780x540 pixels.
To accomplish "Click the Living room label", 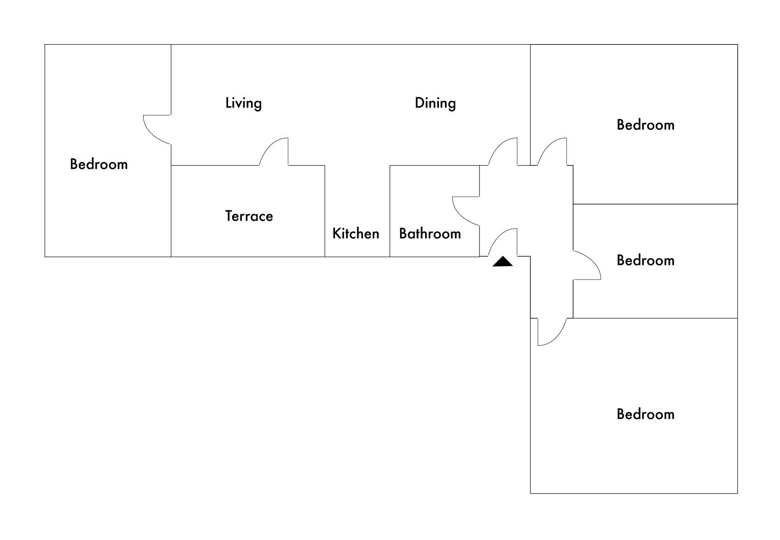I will (243, 103).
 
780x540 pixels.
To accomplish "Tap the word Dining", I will (435, 103).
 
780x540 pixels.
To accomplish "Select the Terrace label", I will (249, 216).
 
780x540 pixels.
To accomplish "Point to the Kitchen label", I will (355, 233).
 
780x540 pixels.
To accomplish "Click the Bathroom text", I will (430, 233).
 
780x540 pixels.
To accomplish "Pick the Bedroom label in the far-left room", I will (99, 164).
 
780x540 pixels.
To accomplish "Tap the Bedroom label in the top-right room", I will (645, 125).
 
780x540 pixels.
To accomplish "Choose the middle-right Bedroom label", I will (645, 260).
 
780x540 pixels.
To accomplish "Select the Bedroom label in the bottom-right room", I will (645, 414).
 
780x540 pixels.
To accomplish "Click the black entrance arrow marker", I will (503, 262).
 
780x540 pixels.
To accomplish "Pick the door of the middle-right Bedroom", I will (588, 265).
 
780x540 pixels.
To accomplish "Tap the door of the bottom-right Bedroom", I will (552, 332).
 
